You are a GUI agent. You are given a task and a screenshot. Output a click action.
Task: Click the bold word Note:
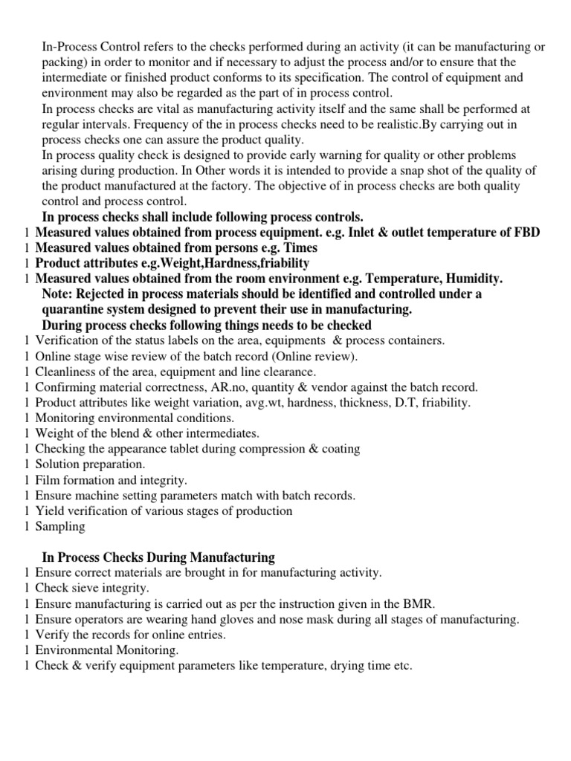tap(58, 294)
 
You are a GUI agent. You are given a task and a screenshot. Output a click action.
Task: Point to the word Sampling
tap(60, 526)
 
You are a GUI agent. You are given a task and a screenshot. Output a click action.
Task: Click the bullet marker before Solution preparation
tap(27, 464)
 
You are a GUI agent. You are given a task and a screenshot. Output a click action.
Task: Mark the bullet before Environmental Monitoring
tap(27, 650)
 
